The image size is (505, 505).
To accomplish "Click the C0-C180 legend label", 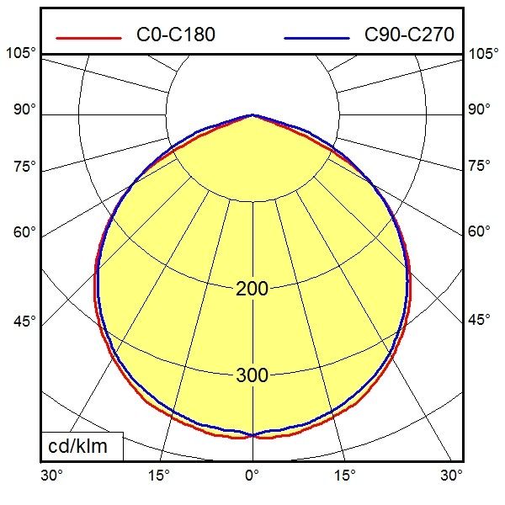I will click(x=175, y=35).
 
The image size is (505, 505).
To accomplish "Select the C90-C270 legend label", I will click(x=409, y=35).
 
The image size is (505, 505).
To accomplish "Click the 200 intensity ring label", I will click(x=252, y=290).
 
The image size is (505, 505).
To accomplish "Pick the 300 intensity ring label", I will click(x=252, y=375).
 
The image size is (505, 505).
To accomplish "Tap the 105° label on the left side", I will click(x=22, y=54).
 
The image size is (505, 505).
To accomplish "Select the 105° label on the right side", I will click(x=483, y=54).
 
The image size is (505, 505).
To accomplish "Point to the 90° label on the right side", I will click(x=480, y=109).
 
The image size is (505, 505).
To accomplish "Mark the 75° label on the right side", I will click(x=480, y=166).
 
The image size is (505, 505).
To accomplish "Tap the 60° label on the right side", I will click(x=480, y=231).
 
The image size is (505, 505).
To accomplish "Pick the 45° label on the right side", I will click(x=480, y=321).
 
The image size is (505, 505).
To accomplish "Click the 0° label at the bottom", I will click(x=252, y=476).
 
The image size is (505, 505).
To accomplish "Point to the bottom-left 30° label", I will click(x=52, y=476).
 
